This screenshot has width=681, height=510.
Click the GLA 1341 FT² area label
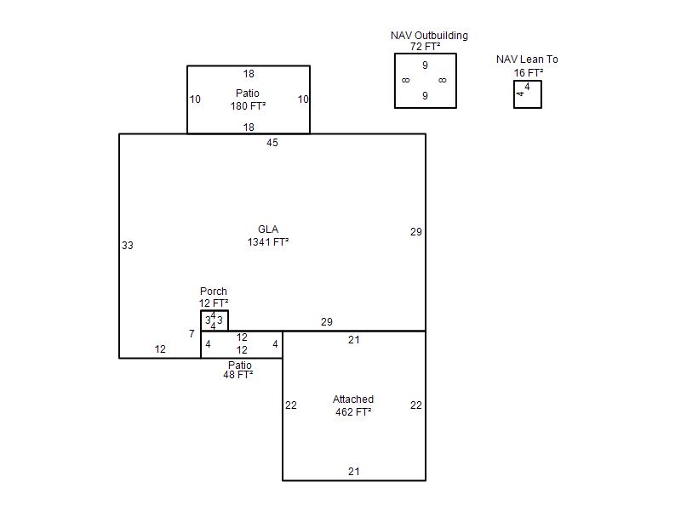pyautogui.click(x=268, y=236)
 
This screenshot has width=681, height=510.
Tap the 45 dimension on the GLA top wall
pyautogui.click(x=272, y=143)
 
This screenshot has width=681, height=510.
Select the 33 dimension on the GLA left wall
pyautogui.click(x=127, y=246)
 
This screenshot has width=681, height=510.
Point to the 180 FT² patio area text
pyautogui.click(x=248, y=105)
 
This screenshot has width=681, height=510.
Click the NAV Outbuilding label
pyautogui.click(x=429, y=36)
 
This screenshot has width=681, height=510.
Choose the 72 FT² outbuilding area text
pyautogui.click(x=425, y=47)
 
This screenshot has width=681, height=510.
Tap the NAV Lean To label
pyautogui.click(x=527, y=59)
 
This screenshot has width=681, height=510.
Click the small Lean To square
pyautogui.click(x=514, y=94)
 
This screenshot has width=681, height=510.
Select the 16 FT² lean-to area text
pyautogui.click(x=528, y=73)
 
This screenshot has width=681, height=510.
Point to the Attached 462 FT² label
pyautogui.click(x=353, y=405)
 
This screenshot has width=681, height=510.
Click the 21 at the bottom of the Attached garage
pyautogui.click(x=354, y=472)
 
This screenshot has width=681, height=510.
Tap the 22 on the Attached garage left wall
pyautogui.click(x=291, y=405)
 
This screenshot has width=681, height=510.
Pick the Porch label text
pyautogui.click(x=214, y=292)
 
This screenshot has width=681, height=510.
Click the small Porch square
pyautogui.click(x=201, y=321)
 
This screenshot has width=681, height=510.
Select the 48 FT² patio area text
pyautogui.click(x=238, y=375)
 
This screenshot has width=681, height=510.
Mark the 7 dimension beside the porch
pyautogui.click(x=192, y=334)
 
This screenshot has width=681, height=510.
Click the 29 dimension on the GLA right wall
pyautogui.click(x=416, y=232)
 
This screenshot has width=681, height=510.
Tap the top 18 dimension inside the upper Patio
pyautogui.click(x=249, y=74)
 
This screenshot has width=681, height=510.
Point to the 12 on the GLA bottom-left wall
pyautogui.click(x=160, y=349)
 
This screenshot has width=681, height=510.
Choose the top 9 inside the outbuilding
pyautogui.click(x=425, y=65)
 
